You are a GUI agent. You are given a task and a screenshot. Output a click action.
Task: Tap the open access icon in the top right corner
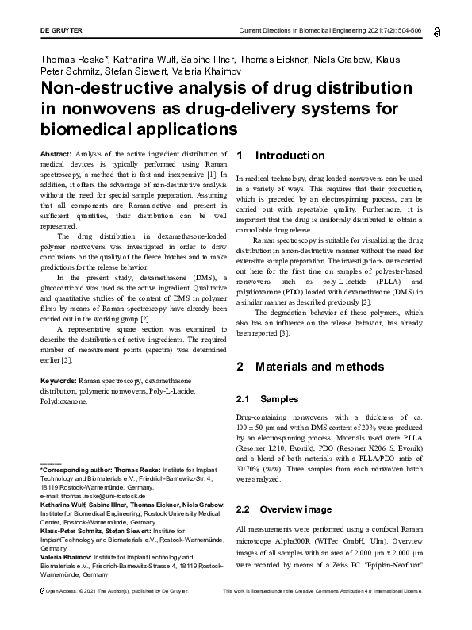[438, 32]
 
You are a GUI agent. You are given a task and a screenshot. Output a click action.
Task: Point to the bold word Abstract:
[56, 152]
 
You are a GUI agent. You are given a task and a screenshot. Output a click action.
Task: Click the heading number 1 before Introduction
[240, 156]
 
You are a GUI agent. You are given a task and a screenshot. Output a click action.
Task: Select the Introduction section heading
[290, 156]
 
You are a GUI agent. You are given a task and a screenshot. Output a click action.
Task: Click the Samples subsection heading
[278, 399]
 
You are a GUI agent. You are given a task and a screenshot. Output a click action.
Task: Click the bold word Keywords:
[59, 381]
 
